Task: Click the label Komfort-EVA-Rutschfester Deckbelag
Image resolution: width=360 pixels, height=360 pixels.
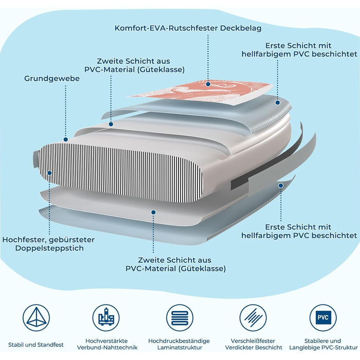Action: (x=188, y=28)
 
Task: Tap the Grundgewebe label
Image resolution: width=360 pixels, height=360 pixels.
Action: (x=52, y=79)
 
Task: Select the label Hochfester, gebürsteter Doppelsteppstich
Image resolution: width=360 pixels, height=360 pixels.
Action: (x=48, y=244)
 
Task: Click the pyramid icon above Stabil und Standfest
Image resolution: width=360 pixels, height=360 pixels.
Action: (x=36, y=318)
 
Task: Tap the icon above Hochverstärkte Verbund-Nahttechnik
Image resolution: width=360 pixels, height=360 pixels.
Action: (x=106, y=318)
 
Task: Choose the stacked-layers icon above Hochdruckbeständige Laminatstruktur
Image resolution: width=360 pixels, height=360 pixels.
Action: (x=179, y=318)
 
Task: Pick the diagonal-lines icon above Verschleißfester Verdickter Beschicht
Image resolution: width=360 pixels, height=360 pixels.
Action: (x=253, y=318)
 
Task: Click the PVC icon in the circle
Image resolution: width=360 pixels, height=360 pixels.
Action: (x=323, y=318)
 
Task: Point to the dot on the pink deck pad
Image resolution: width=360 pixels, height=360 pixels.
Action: (x=208, y=84)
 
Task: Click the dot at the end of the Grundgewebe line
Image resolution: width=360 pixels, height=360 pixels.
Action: (x=66, y=139)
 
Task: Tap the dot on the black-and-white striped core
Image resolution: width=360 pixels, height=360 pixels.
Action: (x=49, y=173)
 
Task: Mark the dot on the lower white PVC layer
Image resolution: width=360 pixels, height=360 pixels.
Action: (x=153, y=212)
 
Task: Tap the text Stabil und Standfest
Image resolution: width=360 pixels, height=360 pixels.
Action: (x=36, y=345)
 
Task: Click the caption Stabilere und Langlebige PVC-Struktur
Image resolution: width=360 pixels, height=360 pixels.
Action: (x=323, y=344)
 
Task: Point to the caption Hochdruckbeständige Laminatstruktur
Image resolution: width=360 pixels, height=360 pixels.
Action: (x=179, y=344)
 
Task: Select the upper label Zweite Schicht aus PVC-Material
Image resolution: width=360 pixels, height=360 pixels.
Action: (x=134, y=65)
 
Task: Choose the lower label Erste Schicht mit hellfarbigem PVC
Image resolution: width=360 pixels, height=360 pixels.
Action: (x=299, y=231)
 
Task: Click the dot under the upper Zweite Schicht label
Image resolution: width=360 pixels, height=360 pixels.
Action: (x=111, y=124)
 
